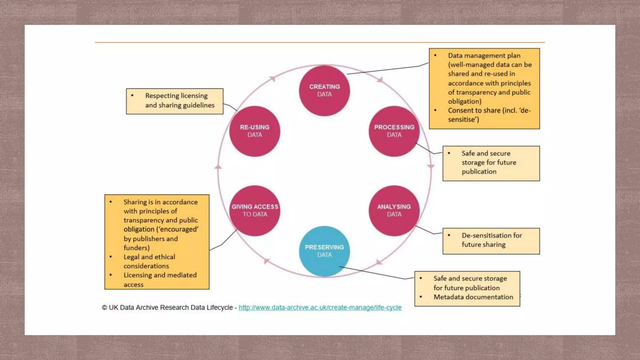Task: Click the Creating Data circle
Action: point(324,91)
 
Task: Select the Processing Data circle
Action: point(394,131)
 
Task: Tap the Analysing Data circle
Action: point(394,211)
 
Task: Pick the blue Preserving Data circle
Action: point(324,251)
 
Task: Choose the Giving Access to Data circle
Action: point(255,211)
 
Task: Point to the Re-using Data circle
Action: point(255,131)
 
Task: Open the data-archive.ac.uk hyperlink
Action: point(320,307)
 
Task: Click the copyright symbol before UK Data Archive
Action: point(104,307)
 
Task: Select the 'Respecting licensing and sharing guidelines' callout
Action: point(175,101)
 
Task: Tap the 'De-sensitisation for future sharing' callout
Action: point(491,241)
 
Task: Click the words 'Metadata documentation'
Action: point(473,297)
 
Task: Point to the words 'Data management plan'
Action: point(484,56)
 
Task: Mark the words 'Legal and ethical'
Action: point(149,257)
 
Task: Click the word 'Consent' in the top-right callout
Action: point(460,110)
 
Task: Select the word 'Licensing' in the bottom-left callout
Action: point(138,275)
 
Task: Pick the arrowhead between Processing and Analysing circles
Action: point(431,166)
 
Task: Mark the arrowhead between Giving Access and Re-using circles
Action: point(218,167)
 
